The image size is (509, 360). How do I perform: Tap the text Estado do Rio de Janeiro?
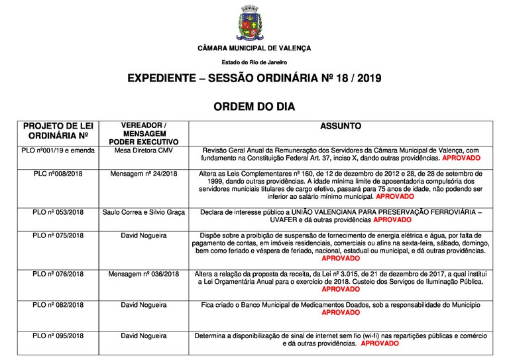click(x=254, y=62)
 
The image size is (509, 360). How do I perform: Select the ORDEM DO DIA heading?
click(x=254, y=106)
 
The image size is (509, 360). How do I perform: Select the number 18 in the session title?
click(x=344, y=79)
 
